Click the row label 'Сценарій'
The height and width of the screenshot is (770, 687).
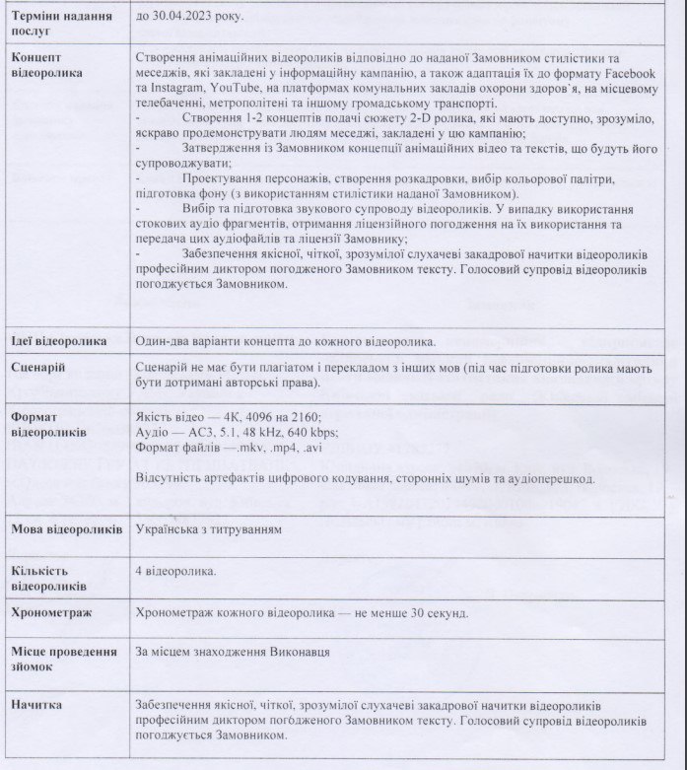pyautogui.click(x=38, y=367)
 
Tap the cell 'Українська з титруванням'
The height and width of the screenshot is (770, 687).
pyautogui.click(x=209, y=529)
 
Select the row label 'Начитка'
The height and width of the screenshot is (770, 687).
pyautogui.click(x=36, y=706)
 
